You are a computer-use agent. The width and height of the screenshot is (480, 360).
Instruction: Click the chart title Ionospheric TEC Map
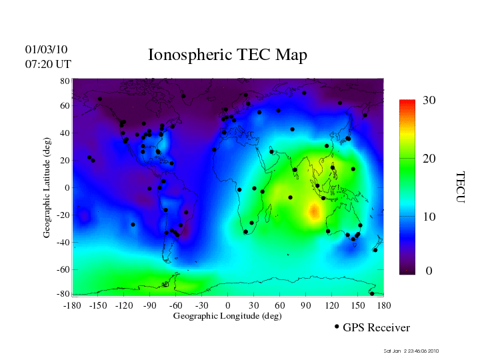pos(227,55)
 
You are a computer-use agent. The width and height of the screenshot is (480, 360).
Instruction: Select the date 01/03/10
pos(47,49)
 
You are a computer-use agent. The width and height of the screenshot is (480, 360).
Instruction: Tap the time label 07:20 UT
pos(48,64)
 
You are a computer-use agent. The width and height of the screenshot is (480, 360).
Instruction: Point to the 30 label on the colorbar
pos(429,101)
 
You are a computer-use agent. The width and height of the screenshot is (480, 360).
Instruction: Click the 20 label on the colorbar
pos(429,161)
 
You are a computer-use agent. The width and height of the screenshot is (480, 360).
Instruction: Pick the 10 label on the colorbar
pos(429,217)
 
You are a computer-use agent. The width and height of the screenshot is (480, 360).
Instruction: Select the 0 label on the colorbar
pos(429,271)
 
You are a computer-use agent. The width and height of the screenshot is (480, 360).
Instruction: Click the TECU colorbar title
pos(461,187)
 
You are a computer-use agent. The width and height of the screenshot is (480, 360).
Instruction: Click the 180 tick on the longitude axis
pos(383,305)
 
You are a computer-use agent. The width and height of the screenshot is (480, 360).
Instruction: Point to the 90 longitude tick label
pos(306,305)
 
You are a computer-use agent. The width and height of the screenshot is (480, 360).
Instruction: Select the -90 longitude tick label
pos(150,305)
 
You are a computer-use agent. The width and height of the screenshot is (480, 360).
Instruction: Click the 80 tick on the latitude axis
pos(65,81)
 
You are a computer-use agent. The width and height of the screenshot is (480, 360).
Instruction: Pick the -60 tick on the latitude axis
pos(63,269)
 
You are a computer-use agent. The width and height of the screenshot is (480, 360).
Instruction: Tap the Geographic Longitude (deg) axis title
pos(227,316)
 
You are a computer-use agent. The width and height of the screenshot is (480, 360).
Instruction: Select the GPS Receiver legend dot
pos(337,327)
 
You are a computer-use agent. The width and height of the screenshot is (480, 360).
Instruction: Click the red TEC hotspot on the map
pos(315,212)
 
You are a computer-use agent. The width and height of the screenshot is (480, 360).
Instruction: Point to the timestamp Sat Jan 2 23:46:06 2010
pos(411,351)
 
